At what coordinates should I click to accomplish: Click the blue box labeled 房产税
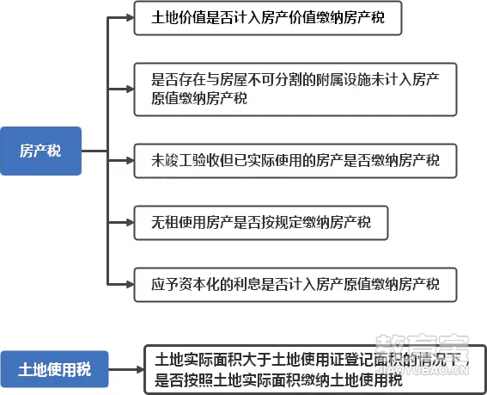40,151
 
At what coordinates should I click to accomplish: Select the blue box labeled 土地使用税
54,369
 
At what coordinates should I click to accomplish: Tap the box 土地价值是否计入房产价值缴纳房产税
268,18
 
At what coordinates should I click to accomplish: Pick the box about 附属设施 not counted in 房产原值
295,89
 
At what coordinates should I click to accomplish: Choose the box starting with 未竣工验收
295,161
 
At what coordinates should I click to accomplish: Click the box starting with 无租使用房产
261,223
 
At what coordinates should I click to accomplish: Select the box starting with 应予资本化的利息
295,285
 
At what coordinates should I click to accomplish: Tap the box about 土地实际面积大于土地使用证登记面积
315,369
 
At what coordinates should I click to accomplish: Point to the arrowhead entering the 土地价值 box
131,18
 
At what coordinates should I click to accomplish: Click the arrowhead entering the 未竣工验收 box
131,161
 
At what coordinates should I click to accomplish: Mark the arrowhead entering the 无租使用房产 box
131,223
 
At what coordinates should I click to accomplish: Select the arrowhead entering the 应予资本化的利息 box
131,284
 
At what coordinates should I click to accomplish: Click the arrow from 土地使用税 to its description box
126,370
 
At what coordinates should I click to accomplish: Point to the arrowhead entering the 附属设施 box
131,89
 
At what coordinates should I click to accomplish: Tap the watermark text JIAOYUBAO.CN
423,370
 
